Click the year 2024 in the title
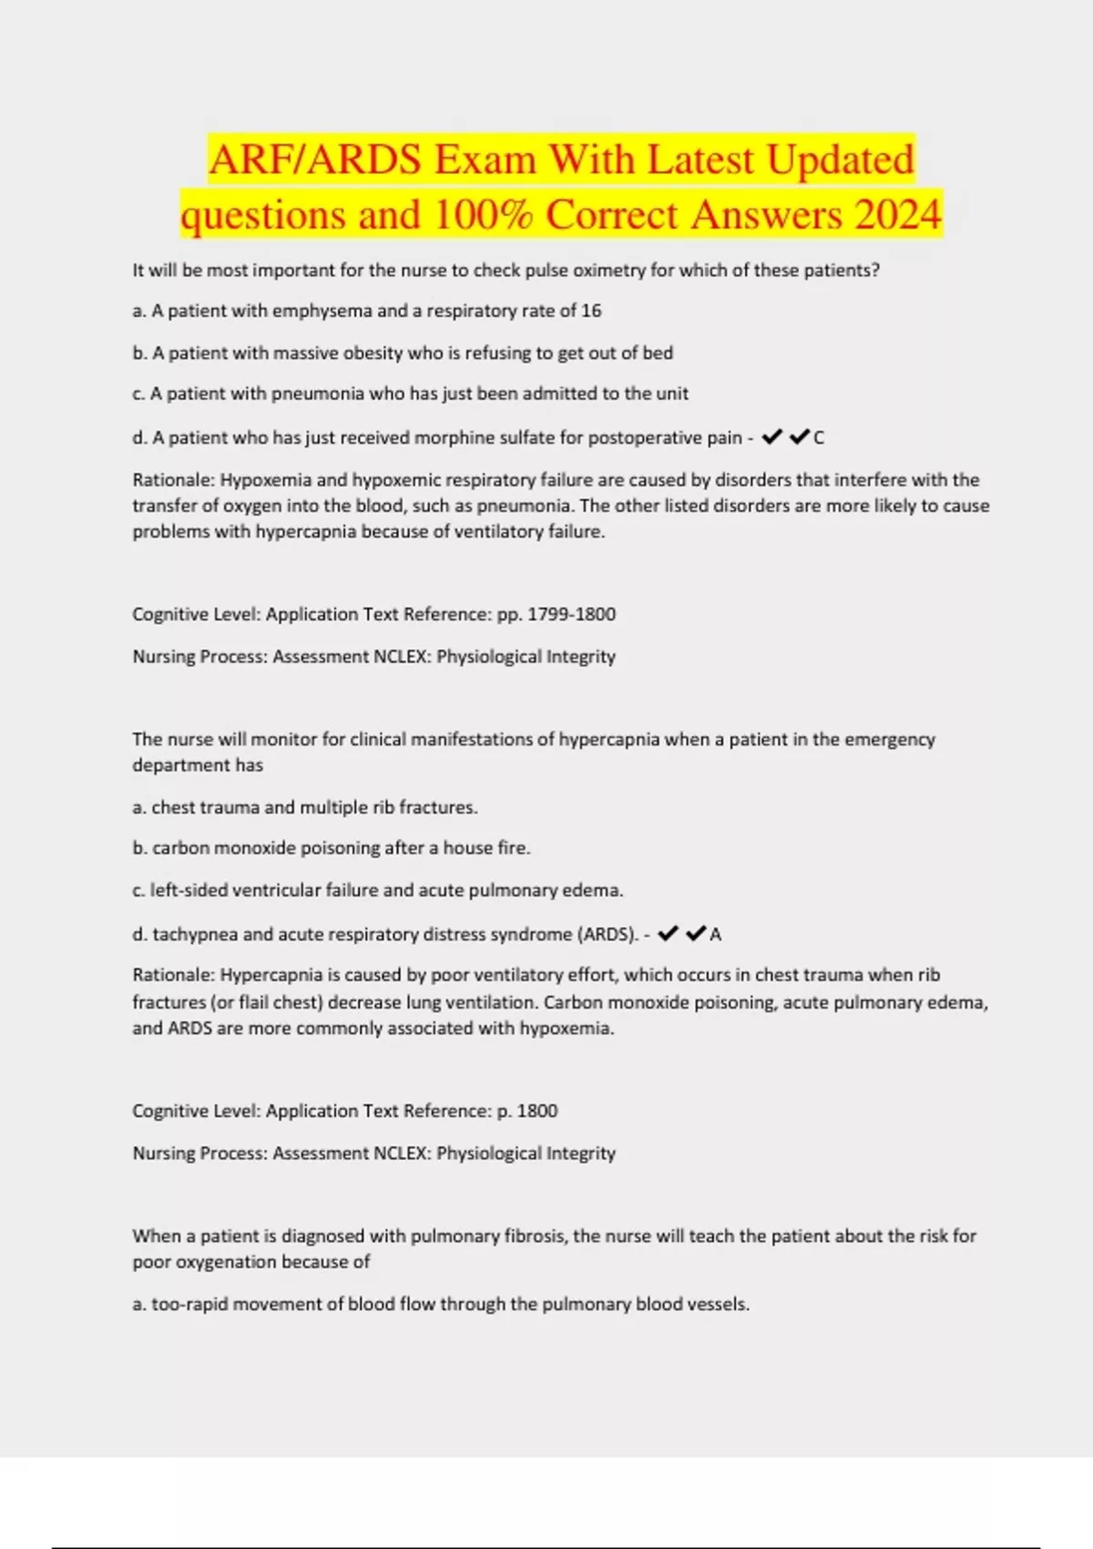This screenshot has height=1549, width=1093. point(897,215)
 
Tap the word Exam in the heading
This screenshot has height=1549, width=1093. point(485,160)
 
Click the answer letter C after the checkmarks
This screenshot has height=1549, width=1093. point(819,438)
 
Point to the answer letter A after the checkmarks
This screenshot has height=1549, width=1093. point(715,934)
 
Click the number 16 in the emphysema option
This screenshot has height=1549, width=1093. point(591,311)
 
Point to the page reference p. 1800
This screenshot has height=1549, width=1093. point(527,1111)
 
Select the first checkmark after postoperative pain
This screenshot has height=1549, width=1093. point(771,438)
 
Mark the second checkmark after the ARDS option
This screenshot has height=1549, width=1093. point(696,934)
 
